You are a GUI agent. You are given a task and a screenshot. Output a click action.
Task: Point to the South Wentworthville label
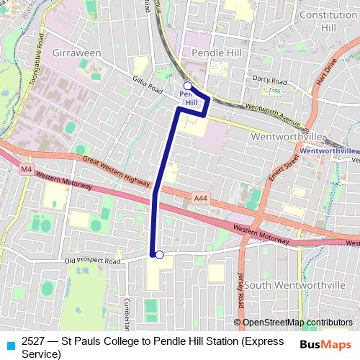294,285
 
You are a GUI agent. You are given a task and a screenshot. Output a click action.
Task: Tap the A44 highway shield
201,197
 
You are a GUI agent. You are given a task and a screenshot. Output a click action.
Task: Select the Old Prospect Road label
92,261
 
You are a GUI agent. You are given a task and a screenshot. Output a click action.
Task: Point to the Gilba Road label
148,84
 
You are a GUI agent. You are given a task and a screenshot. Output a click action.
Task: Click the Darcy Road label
269,81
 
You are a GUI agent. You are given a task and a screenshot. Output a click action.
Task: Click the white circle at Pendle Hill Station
187,86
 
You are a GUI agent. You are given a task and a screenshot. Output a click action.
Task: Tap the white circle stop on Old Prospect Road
160,254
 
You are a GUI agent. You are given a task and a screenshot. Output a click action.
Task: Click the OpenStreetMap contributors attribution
297,323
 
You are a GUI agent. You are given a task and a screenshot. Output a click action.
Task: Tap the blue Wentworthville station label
327,150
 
